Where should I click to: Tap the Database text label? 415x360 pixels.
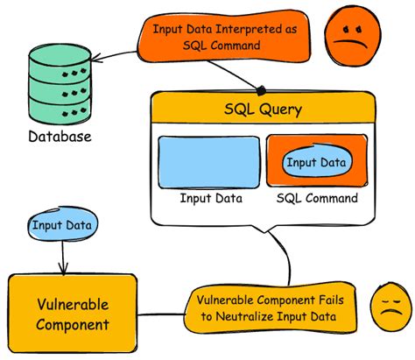(x=60, y=138)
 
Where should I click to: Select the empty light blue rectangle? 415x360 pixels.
(x=209, y=163)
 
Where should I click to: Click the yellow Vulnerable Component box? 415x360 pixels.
(x=74, y=315)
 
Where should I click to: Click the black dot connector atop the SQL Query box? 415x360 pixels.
(x=260, y=89)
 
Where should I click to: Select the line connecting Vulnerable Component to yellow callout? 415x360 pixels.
(x=161, y=313)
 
